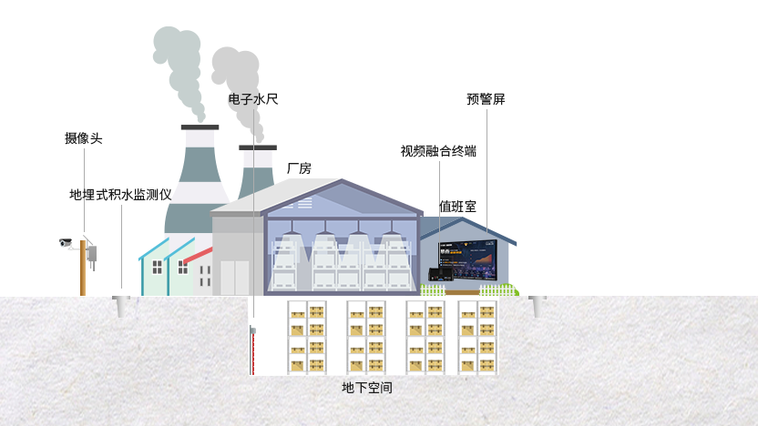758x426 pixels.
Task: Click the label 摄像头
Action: click(x=83, y=138)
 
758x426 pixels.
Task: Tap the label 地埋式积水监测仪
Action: click(x=120, y=195)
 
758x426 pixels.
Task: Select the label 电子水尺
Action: click(x=252, y=99)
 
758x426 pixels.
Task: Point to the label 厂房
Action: click(x=299, y=168)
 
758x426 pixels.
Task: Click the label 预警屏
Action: click(x=485, y=99)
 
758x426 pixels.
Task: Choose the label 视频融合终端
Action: click(x=438, y=151)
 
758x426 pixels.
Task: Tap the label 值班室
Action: click(x=457, y=207)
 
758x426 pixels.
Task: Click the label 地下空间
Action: click(x=367, y=388)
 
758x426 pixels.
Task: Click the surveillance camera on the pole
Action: click(x=66, y=242)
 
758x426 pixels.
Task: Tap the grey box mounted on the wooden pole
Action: click(x=92, y=254)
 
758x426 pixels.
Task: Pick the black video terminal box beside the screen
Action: click(x=441, y=273)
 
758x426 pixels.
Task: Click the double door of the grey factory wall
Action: click(x=235, y=277)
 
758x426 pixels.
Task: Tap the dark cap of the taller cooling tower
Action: click(x=200, y=127)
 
